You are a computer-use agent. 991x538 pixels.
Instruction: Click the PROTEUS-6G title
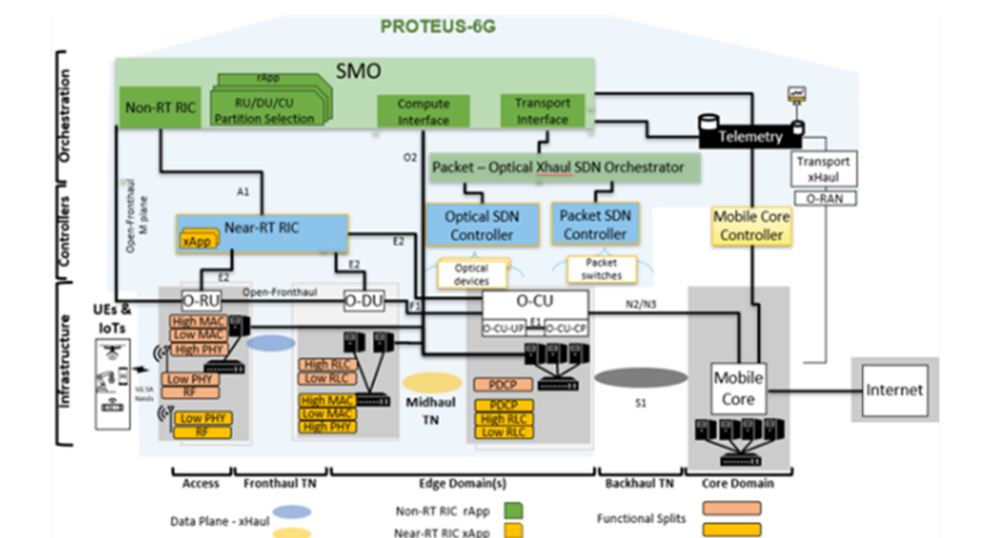tap(437, 26)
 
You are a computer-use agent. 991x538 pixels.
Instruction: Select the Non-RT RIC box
tap(160, 109)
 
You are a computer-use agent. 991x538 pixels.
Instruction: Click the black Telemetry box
tap(750, 135)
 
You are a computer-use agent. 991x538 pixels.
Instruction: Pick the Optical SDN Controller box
tap(482, 225)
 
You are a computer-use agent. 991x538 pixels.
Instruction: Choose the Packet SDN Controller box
tap(595, 224)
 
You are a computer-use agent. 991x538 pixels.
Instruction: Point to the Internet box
tap(894, 390)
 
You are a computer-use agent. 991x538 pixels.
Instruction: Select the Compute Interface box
tap(423, 111)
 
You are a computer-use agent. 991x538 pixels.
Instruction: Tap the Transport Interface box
tap(543, 110)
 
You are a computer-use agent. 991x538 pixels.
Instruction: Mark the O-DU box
tap(364, 301)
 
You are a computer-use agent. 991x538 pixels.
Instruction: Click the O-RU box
tap(199, 301)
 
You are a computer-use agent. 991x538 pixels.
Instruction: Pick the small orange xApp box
tap(196, 240)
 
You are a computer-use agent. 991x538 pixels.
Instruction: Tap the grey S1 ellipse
tap(640, 378)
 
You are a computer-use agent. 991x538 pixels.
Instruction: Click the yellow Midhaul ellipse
tap(432, 381)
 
